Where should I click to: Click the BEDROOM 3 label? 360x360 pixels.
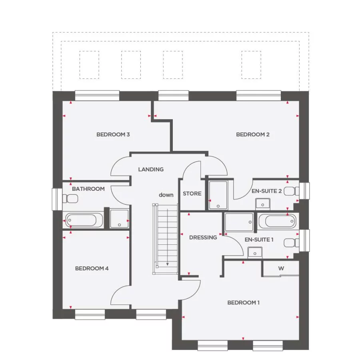click(x=113, y=134)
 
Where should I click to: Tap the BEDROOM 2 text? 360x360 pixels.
click(x=252, y=134)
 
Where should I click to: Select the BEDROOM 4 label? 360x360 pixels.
click(x=92, y=268)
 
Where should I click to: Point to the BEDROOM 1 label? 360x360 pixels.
click(x=243, y=302)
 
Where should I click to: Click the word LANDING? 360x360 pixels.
click(x=151, y=169)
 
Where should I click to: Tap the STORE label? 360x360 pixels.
click(x=192, y=194)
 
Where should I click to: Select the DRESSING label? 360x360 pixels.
click(x=203, y=237)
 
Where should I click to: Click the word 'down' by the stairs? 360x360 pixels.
click(x=166, y=195)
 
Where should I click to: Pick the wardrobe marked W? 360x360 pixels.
click(x=281, y=268)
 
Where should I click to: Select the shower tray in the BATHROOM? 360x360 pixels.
click(x=119, y=219)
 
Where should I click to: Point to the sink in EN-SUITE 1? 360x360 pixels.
click(x=255, y=252)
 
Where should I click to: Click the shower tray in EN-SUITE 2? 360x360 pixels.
click(x=218, y=196)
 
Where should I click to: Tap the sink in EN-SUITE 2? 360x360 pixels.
click(x=262, y=204)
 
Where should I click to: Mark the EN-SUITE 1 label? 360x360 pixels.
click(x=259, y=240)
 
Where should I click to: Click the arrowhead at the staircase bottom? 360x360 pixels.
click(x=167, y=264)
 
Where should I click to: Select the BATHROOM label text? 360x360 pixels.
click(x=88, y=189)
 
